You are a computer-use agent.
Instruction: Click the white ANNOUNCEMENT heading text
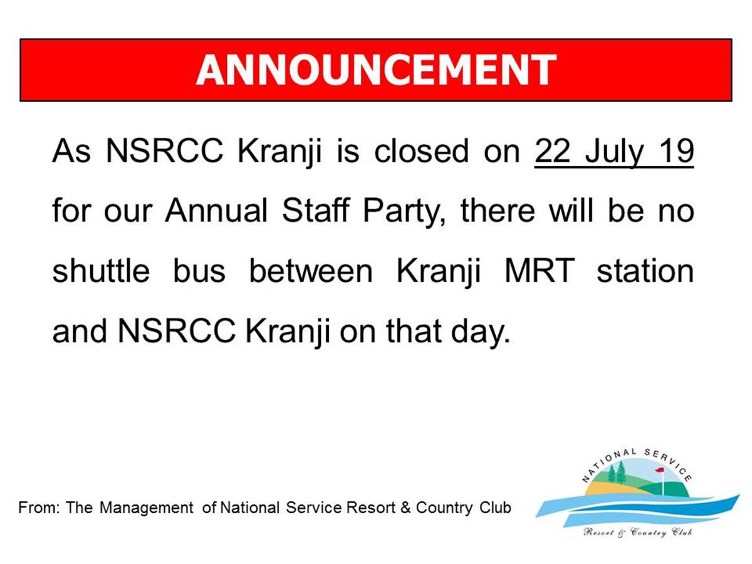[376, 70]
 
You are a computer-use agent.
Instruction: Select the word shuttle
[101, 271]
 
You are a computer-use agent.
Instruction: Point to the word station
[645, 271]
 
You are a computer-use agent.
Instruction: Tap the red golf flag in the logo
[659, 469]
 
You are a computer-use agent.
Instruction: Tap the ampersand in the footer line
[405, 508]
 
